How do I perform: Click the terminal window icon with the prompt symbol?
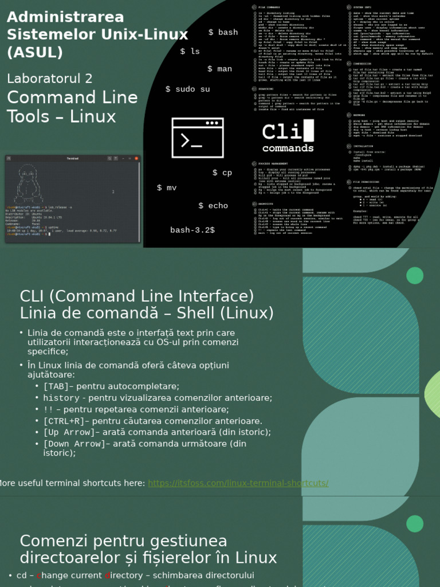point(198,138)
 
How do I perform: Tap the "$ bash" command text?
point(223,32)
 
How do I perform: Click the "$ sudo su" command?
point(187,89)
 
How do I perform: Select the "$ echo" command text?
point(213,205)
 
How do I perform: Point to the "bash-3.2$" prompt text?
point(192,230)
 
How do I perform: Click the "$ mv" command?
point(167,187)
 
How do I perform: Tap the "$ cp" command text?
point(222,173)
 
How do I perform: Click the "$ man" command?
point(220,69)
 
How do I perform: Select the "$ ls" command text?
point(190,51)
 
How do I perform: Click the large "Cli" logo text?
point(282,132)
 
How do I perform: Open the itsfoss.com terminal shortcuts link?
point(238,483)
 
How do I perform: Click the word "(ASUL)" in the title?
point(34,53)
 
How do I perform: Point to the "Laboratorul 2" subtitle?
point(49,78)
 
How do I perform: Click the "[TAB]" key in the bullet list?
point(56,386)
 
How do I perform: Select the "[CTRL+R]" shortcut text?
point(64,421)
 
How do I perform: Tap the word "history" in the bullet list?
point(61,398)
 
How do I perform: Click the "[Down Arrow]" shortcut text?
point(74,444)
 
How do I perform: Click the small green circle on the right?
point(415,276)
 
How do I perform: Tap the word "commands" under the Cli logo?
point(288,148)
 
